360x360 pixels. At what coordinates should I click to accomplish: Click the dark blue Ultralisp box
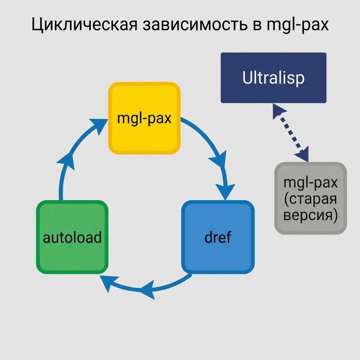273,78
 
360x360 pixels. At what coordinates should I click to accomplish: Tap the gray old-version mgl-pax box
310,198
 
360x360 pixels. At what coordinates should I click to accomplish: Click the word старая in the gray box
310,199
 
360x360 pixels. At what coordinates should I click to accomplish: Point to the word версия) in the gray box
310,215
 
